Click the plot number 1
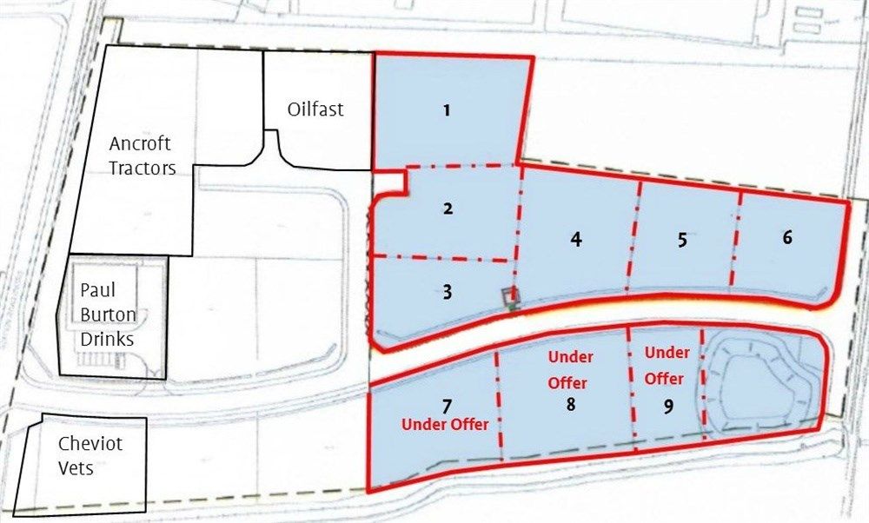pyautogui.click(x=447, y=110)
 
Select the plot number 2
pyautogui.click(x=448, y=209)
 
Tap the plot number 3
pyautogui.click(x=447, y=292)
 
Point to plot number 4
pyautogui.click(x=575, y=240)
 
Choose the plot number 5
pyautogui.click(x=682, y=240)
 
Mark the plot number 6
pyautogui.click(x=787, y=236)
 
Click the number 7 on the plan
pyautogui.click(x=447, y=406)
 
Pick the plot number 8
pyautogui.click(x=570, y=404)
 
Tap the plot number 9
pyautogui.click(x=667, y=406)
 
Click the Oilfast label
pyautogui.click(x=315, y=109)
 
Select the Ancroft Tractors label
pyautogui.click(x=141, y=156)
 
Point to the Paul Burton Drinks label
pyautogui.click(x=108, y=314)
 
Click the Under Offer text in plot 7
pyautogui.click(x=445, y=424)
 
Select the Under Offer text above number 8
pyautogui.click(x=569, y=370)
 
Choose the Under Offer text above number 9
pyautogui.click(x=667, y=366)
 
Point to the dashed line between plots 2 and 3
pyautogui.click(x=443, y=258)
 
